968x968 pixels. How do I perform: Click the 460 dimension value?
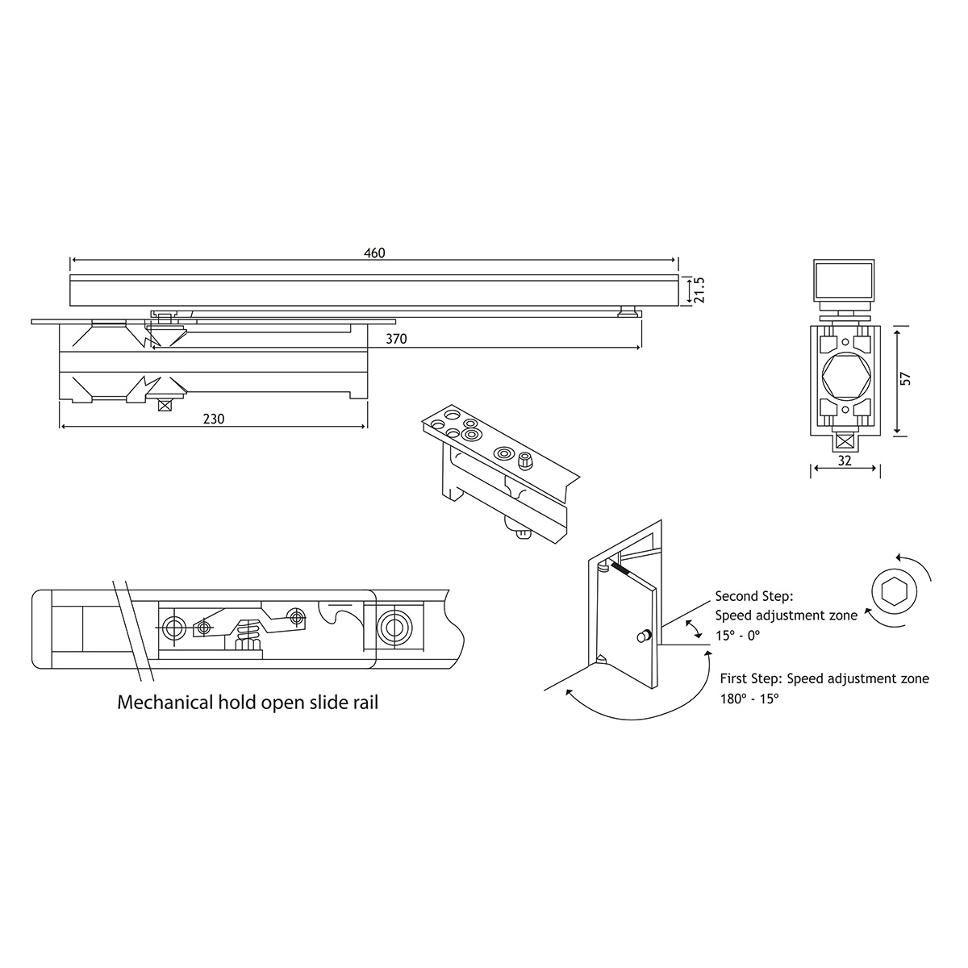pos(374,252)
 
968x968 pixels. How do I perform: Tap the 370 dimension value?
pos(396,339)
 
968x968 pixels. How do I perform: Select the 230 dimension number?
pos(214,419)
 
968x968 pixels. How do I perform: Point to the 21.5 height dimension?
pos(699,290)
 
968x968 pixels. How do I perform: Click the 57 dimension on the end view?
pos(905,379)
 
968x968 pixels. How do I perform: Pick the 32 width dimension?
pos(845,461)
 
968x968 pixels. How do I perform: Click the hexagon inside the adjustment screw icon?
pos(895,590)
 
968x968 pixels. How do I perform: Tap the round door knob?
pos(644,636)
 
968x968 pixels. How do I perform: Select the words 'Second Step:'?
pos(754,597)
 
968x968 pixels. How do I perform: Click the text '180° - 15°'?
pos(749,699)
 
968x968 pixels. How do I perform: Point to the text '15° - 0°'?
pos(737,636)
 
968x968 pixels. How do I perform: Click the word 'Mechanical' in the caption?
pos(165,703)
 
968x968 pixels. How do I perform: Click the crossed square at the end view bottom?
pos(845,441)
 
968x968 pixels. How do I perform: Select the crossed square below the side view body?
pos(165,404)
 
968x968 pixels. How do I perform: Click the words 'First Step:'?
pos(751,678)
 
